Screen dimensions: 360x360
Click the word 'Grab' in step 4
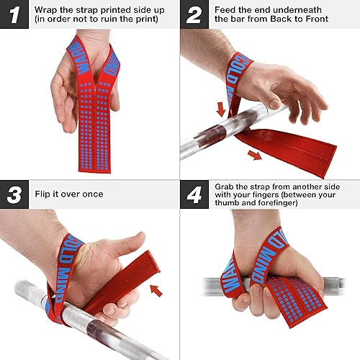(x=228, y=185)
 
